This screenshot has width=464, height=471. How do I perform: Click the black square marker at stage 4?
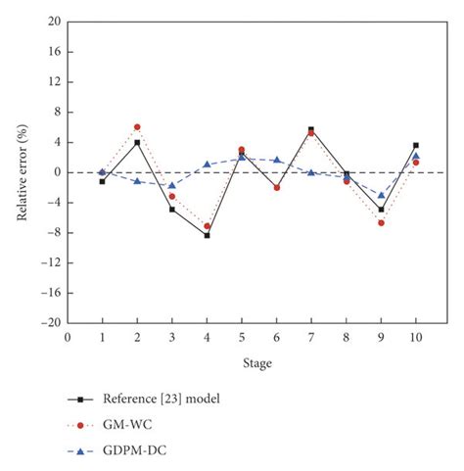pos(207,235)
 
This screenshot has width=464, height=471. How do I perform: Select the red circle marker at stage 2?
pos(137,127)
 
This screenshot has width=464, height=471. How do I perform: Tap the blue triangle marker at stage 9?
pos(381,195)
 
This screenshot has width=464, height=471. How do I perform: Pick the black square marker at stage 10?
pos(416,145)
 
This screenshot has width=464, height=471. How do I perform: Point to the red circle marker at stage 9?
pos(381,223)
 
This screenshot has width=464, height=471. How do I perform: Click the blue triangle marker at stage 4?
pos(207,165)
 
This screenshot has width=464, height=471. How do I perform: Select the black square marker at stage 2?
pos(137,142)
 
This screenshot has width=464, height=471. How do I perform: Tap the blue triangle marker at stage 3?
pos(172,185)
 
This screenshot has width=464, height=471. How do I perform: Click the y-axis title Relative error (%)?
pos(22,172)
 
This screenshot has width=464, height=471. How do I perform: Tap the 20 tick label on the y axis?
pos(54,22)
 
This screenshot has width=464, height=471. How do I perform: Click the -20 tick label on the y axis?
pos(51,322)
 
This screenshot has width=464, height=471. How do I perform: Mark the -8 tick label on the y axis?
pos(54,232)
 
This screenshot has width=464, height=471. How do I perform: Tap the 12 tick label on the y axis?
pos(54,82)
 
